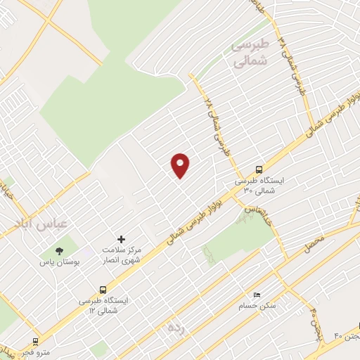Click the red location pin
pyautogui.click(x=181, y=165)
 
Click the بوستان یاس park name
pyautogui.click(x=61, y=261)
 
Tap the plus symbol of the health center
pyautogui.click(x=121, y=240)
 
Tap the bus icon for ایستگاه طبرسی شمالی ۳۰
pyautogui.click(x=259, y=169)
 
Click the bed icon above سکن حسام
pyautogui.click(x=257, y=293)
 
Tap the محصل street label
pyautogui.click(x=314, y=245)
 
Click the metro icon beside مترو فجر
pyautogui.click(x=34, y=341)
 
